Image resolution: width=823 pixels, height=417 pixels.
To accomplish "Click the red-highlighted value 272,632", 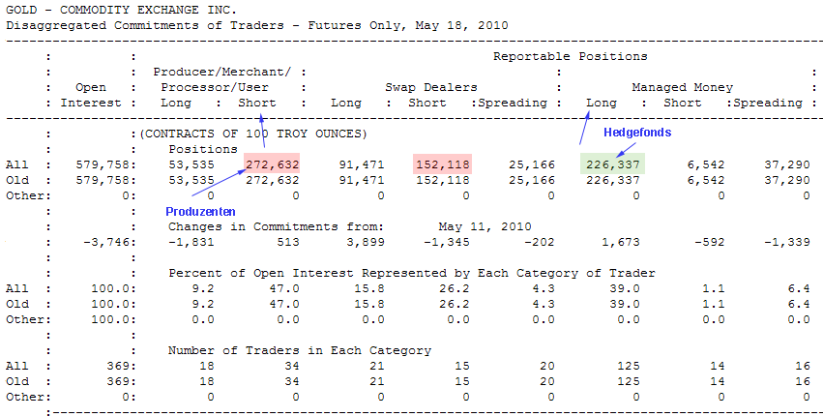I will (273, 164).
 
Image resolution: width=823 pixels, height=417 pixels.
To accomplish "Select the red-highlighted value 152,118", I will (442, 164).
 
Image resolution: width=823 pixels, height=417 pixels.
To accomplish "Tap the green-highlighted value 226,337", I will (612, 164).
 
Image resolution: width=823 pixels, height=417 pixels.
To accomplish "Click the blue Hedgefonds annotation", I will (637, 133).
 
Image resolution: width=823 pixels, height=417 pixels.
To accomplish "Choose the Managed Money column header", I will (682, 87).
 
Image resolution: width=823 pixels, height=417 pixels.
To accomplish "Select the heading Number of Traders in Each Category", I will (300, 350).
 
